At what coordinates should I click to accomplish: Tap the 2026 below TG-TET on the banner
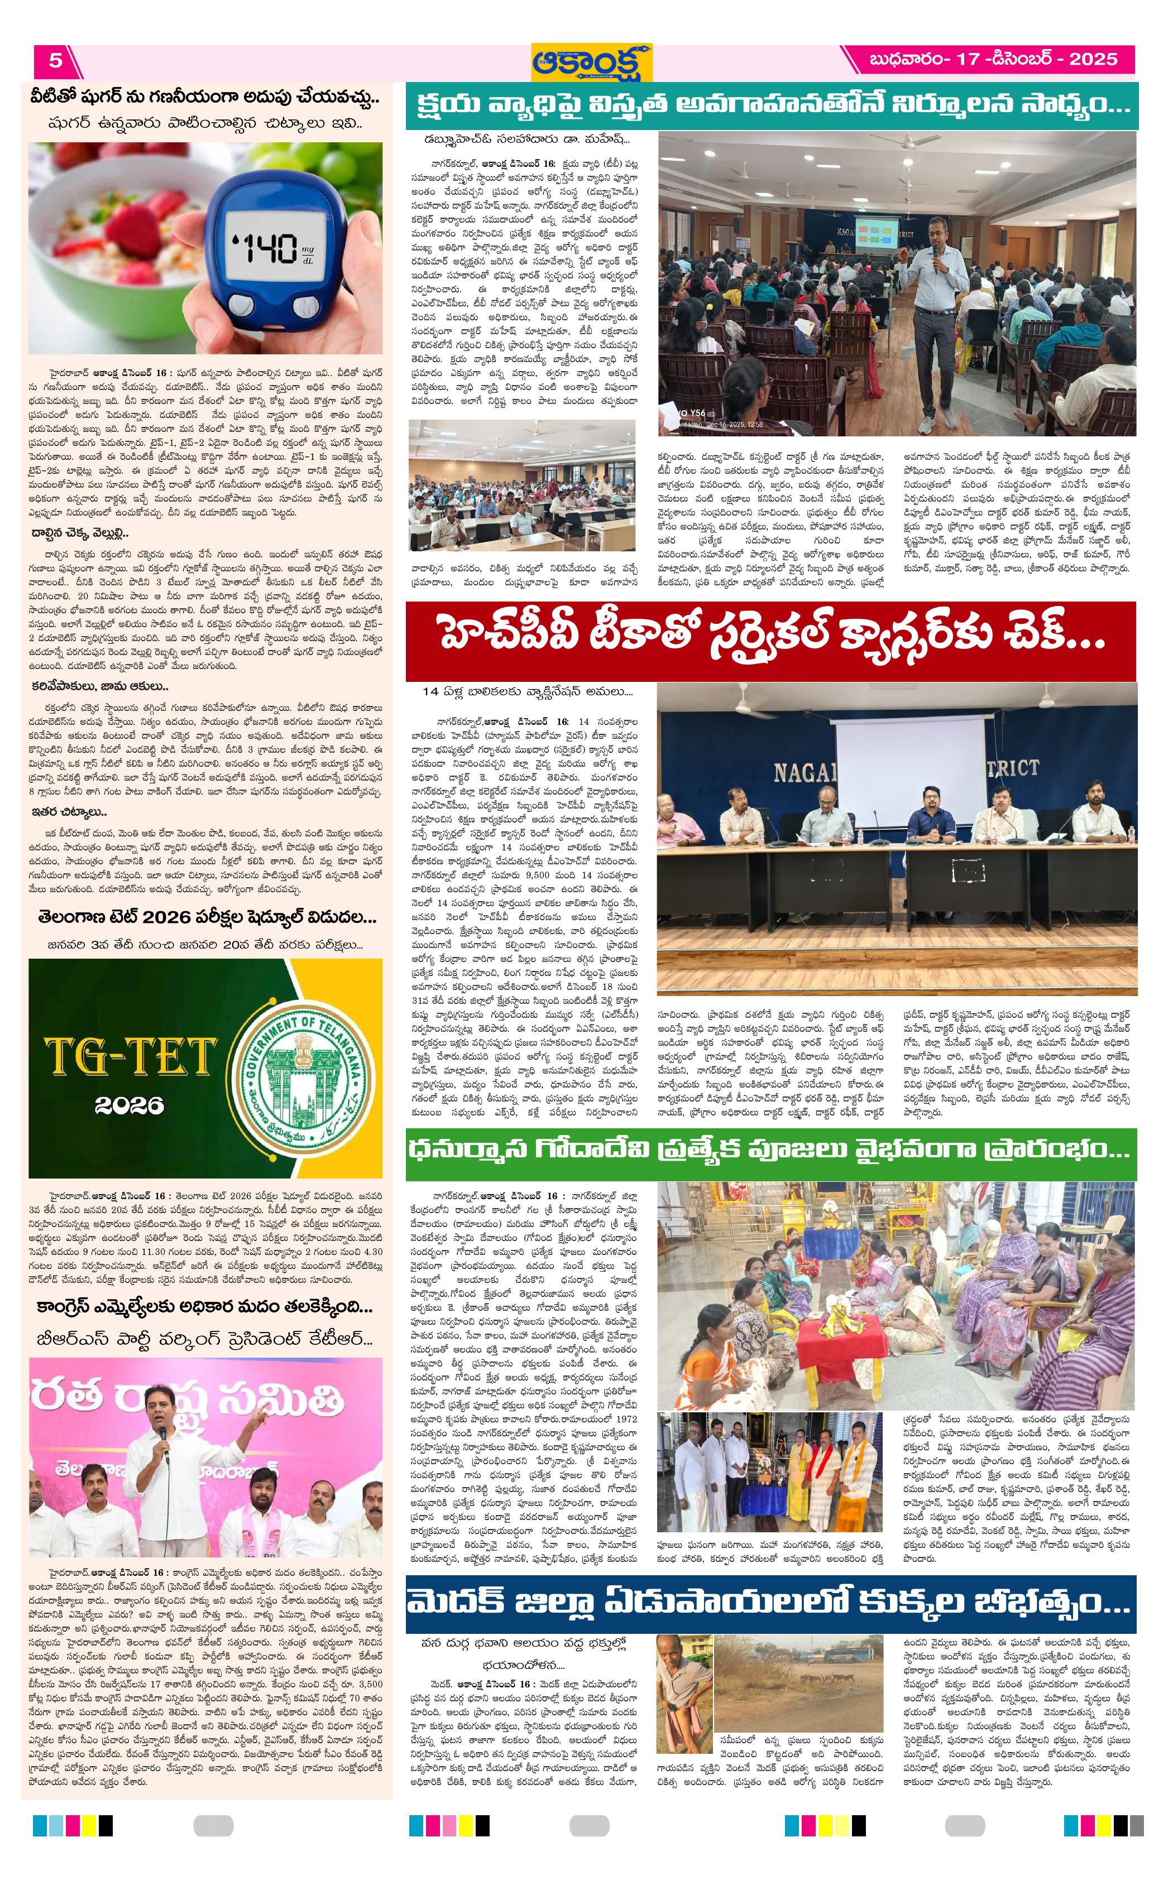tap(130, 1104)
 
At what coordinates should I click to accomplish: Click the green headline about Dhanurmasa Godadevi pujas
tap(770, 1149)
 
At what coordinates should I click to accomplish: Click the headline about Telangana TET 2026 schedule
tap(207, 917)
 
